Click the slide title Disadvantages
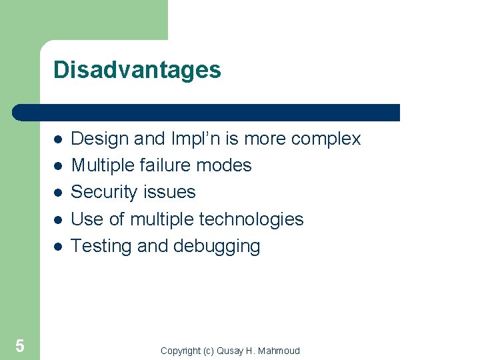[137, 70]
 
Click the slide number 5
[20, 345]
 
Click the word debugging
[217, 247]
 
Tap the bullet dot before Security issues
[59, 193]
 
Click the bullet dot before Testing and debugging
[59, 247]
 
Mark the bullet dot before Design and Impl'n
[59, 139]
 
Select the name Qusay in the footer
[230, 351]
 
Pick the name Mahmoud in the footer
[279, 351]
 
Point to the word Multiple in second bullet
[101, 165]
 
